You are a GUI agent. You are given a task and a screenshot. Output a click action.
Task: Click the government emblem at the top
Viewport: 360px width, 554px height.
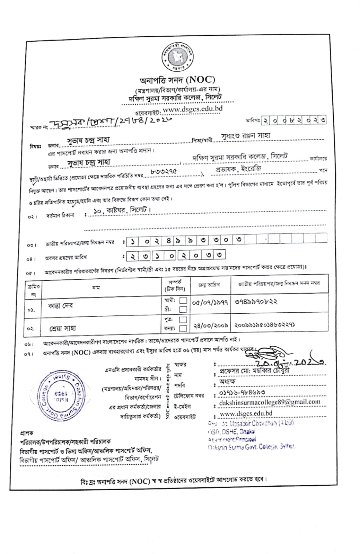(177, 56)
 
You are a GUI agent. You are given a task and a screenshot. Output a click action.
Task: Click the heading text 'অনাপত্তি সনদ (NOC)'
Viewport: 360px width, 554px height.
(177, 80)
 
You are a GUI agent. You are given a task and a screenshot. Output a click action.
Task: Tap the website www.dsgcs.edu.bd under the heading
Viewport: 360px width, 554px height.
(192, 109)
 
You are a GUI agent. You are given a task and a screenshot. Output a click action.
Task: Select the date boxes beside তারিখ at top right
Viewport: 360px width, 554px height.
(293, 120)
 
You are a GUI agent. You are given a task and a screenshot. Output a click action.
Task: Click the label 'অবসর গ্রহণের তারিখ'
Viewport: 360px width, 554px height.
(66, 258)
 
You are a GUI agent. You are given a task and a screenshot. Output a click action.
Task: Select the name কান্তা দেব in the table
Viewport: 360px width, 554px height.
(60, 306)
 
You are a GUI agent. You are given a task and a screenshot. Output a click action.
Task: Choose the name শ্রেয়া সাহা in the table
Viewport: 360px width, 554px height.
(62, 328)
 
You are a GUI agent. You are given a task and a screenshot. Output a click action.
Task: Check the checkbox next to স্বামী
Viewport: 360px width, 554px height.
(183, 300)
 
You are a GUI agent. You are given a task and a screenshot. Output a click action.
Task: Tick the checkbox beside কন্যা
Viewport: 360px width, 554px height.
(183, 328)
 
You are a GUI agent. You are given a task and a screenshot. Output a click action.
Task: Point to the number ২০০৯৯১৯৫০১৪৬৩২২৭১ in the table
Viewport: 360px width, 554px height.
(265, 325)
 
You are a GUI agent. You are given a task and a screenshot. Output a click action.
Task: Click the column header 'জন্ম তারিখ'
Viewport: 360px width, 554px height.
(209, 285)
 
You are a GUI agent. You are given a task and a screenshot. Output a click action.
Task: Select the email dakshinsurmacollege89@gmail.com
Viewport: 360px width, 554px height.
(270, 402)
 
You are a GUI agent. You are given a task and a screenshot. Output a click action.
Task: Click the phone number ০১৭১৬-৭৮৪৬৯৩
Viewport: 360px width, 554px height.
(242, 393)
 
